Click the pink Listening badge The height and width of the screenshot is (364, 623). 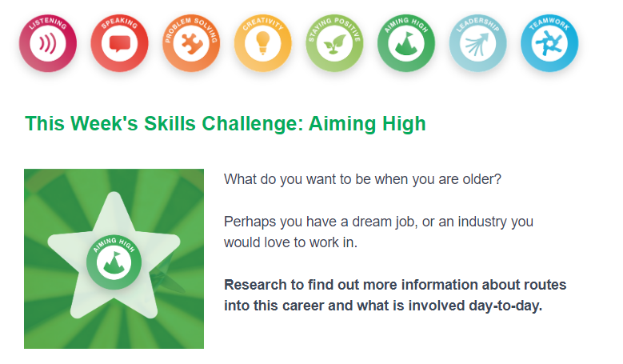tap(48, 43)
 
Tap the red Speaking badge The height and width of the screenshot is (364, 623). tap(120, 43)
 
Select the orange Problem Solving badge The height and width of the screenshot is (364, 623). tap(191, 43)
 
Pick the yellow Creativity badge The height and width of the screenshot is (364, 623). tap(262, 43)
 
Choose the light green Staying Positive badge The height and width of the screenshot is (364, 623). tap(334, 43)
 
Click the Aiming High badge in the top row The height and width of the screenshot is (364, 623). tap(406, 43)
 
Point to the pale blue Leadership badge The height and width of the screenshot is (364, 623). tap(478, 43)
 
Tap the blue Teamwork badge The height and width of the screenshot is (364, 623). tap(549, 43)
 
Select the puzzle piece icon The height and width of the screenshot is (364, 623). tap(191, 43)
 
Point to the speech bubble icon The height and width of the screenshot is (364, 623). tap(120, 44)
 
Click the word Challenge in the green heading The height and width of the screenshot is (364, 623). tap(252, 123)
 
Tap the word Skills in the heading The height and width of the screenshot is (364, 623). tap(170, 123)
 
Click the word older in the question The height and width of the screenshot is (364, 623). tap(482, 179)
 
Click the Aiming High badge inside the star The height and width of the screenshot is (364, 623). tap(114, 262)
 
